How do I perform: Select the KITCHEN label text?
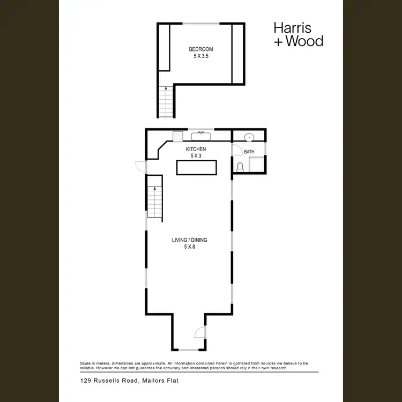(196, 149)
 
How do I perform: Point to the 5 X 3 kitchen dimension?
(196, 156)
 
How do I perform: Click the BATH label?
(249, 152)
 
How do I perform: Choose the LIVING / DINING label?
(189, 240)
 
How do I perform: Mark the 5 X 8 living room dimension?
(189, 247)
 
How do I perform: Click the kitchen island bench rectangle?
(197, 167)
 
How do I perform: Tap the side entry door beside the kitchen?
(140, 167)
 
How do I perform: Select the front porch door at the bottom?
(199, 332)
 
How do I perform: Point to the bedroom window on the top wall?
(200, 23)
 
